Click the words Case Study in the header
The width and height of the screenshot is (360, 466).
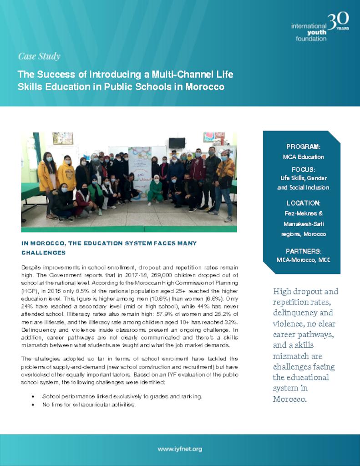pyautogui.click(x=39, y=56)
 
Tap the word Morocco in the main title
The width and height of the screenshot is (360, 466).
pyautogui.click(x=205, y=86)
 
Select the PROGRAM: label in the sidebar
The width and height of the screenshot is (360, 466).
pyautogui.click(x=303, y=147)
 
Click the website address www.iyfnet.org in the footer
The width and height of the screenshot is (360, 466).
pyautogui.click(x=180, y=449)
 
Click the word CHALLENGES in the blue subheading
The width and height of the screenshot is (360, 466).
pyautogui.click(x=43, y=253)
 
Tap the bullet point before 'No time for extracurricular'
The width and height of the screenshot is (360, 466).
pyautogui.click(x=33, y=405)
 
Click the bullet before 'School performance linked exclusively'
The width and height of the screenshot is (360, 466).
pyautogui.click(x=33, y=396)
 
